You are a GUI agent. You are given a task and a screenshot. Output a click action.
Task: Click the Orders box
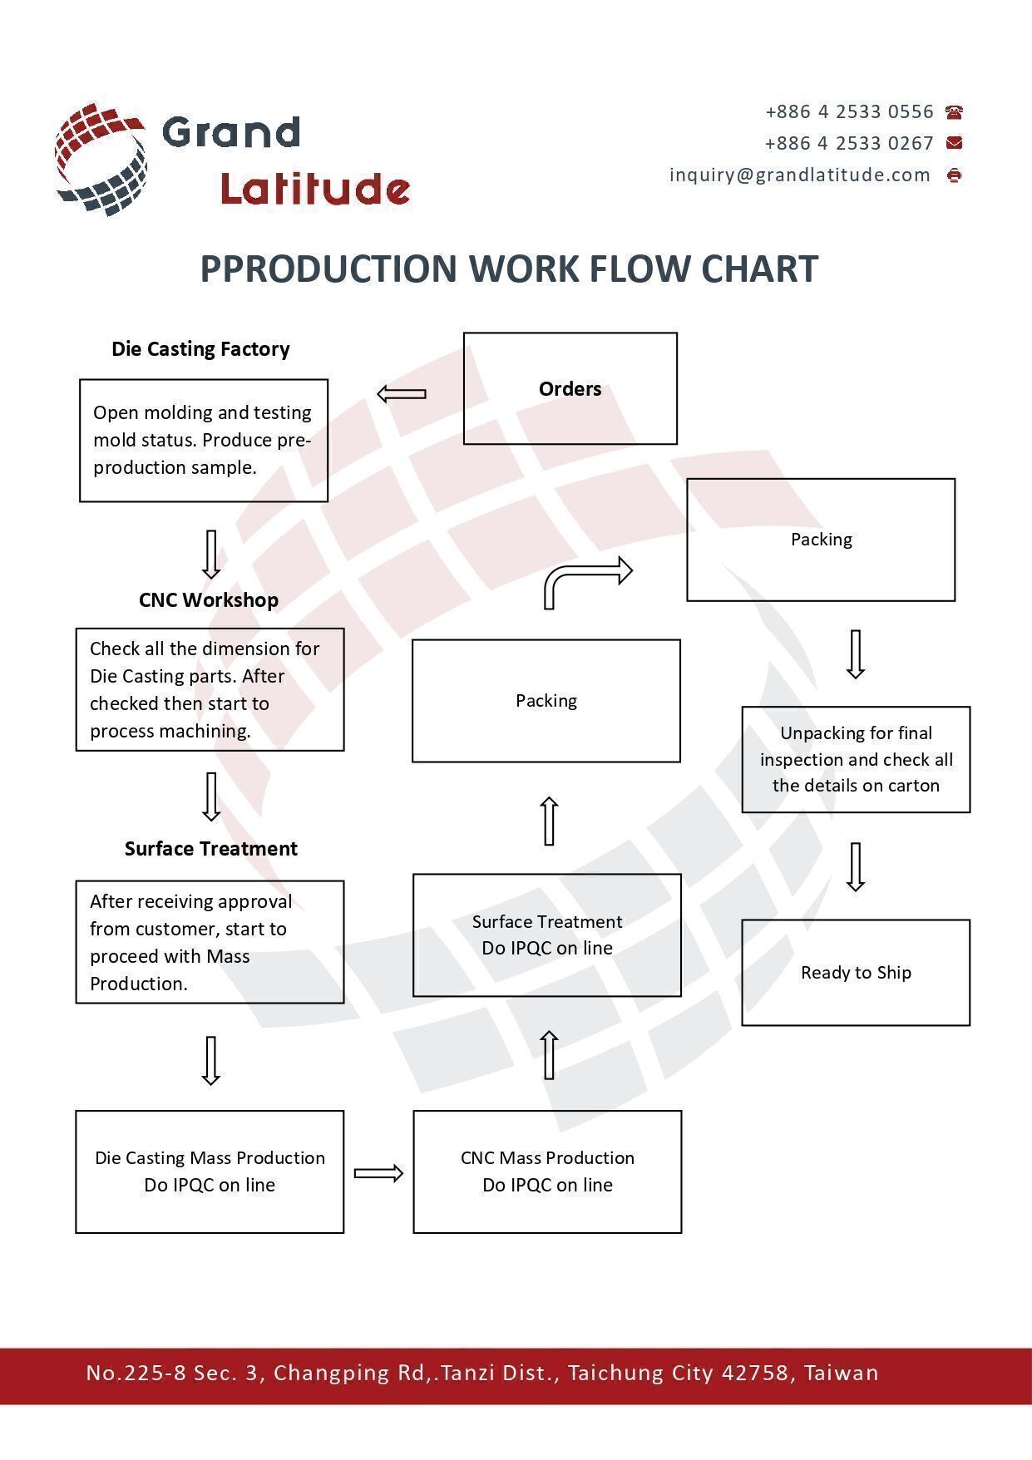point(570,388)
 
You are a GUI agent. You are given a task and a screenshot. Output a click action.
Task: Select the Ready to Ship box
point(856,972)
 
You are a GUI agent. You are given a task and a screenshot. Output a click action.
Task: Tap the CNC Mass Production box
point(547,1171)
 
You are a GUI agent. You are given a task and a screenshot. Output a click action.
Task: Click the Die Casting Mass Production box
point(210,1171)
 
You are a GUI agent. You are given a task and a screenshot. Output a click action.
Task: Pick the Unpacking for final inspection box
point(856,759)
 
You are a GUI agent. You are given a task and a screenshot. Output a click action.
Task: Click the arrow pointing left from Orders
point(402,393)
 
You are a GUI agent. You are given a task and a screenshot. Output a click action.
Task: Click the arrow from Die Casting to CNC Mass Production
point(378,1173)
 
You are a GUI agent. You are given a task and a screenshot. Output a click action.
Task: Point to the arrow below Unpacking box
point(856,866)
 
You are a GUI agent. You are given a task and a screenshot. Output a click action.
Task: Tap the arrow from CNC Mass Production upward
point(549,1054)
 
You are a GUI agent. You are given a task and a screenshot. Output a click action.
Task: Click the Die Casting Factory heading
point(200,349)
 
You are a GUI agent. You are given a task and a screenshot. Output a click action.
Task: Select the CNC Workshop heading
point(209,600)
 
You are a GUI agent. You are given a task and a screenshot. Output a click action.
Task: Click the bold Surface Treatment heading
point(211,849)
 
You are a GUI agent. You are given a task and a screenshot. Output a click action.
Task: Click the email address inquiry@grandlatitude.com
point(800,175)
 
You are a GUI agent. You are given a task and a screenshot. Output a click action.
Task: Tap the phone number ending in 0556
point(849,112)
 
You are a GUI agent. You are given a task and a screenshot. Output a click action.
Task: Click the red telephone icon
point(954,112)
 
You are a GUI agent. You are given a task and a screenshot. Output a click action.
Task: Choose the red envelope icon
point(954,143)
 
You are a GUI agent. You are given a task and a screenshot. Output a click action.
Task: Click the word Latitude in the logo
point(315,190)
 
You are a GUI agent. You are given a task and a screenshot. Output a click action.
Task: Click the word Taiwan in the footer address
point(841,1373)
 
